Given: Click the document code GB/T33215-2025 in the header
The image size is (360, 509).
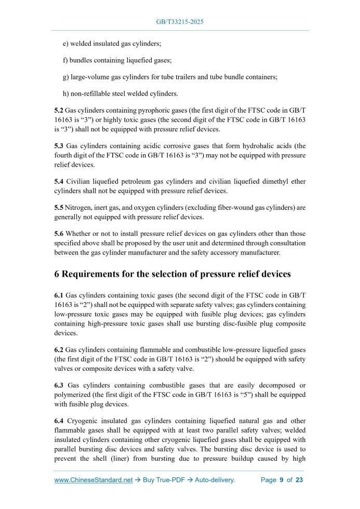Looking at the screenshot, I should (180, 22).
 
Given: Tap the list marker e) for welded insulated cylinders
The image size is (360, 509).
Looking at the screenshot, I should (66, 43).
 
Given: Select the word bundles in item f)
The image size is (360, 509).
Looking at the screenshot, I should (81, 60).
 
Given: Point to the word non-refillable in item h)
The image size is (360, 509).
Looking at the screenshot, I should (89, 94).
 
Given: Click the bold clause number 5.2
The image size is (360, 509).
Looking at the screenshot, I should (59, 111).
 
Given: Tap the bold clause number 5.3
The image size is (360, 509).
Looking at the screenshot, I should (59, 146).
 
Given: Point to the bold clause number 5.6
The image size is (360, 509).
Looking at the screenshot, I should (59, 234).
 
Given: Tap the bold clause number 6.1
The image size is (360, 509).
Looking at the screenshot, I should (59, 296).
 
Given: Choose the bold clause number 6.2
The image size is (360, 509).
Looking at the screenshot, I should (59, 350).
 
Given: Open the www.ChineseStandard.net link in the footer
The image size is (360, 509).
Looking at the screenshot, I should (94, 480).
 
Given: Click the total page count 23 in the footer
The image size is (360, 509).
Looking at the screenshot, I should (299, 480).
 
